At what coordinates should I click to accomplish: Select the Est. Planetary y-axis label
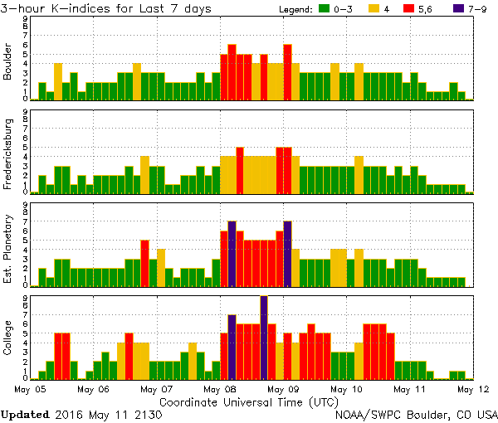point(8,246)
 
